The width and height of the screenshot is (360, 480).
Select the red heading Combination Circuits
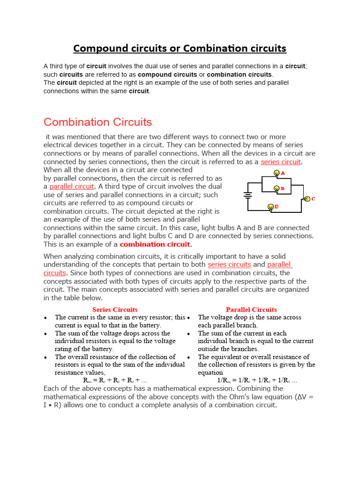(x=97, y=122)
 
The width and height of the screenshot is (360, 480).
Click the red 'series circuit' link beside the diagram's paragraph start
(x=281, y=162)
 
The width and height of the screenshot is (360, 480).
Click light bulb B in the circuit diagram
(x=277, y=189)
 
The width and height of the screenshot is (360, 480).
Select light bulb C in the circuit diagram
(x=307, y=199)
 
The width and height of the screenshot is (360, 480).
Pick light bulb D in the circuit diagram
(x=270, y=207)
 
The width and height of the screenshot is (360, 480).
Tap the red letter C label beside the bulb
(x=313, y=199)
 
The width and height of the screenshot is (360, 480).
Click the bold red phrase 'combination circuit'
(x=155, y=244)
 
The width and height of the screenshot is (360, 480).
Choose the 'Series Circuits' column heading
(x=115, y=309)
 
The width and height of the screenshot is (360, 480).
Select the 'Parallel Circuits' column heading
(x=251, y=309)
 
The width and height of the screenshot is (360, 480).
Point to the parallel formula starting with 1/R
(x=257, y=380)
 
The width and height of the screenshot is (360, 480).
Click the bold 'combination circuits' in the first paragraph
(x=239, y=75)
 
